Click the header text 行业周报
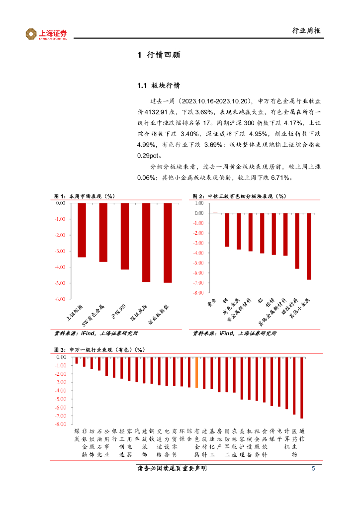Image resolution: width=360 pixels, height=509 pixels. (306, 31)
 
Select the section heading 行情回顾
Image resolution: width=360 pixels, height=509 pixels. (163, 55)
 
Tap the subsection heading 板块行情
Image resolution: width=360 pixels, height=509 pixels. (166, 85)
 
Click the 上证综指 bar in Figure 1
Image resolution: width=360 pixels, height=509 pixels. (82, 230)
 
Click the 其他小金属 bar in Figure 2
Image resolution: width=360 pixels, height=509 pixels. (309, 246)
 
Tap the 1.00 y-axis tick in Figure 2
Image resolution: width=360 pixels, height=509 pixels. (199, 203)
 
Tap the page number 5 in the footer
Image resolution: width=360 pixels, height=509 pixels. (313, 469)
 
